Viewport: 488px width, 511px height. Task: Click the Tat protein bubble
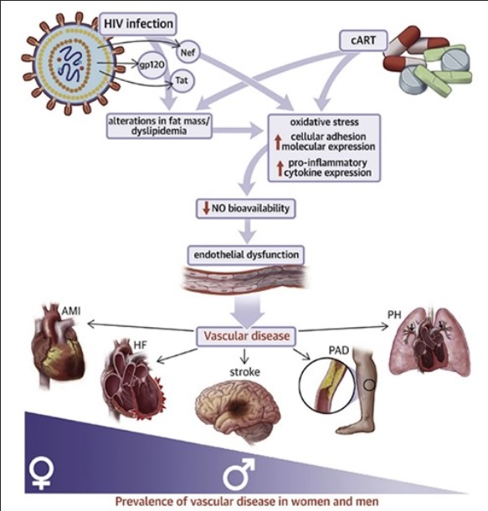click(181, 81)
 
